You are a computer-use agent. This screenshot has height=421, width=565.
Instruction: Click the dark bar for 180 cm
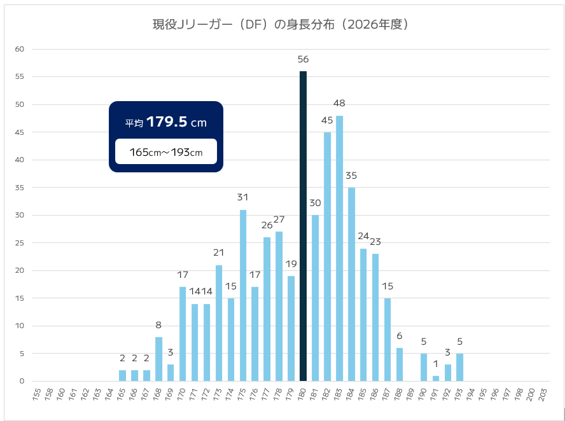tap(303, 226)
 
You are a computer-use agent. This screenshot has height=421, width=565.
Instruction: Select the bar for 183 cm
tap(339, 249)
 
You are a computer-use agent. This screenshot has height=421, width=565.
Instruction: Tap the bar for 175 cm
tap(243, 296)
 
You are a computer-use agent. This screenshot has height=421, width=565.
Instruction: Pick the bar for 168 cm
tap(158, 359)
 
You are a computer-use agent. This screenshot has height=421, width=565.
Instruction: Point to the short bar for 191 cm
tap(436, 378)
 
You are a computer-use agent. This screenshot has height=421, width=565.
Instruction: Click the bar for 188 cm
tap(400, 364)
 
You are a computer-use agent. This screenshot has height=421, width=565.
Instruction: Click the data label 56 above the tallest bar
tap(303, 59)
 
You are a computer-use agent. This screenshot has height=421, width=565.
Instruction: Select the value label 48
tap(339, 103)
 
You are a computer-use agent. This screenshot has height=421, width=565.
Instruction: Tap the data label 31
tap(243, 197)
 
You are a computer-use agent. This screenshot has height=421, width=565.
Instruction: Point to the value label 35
tap(351, 175)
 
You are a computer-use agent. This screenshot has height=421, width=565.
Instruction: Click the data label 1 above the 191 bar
tap(436, 364)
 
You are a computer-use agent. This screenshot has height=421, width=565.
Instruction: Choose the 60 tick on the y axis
tap(20, 49)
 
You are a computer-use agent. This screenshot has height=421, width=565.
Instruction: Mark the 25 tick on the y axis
tap(20, 243)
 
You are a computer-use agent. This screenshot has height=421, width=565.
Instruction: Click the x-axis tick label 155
tap(37, 394)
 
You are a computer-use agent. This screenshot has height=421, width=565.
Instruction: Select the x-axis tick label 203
tap(543, 394)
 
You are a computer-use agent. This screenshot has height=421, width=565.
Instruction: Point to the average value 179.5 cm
tap(176, 122)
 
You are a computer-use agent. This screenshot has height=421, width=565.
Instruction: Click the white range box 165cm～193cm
tap(166, 151)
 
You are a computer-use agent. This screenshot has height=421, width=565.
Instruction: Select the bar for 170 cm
tap(183, 334)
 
